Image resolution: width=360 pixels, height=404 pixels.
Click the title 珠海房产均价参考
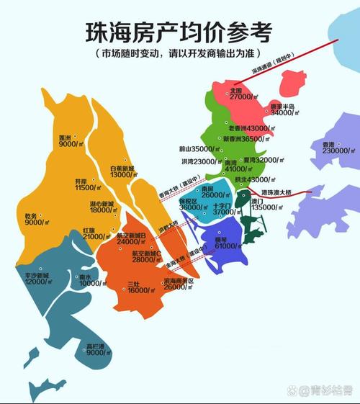click(x=180, y=33)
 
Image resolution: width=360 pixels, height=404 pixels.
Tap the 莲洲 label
click(x=69, y=137)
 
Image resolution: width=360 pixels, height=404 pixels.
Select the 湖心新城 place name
click(x=102, y=203)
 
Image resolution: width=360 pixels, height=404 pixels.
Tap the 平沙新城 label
click(x=33, y=275)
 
